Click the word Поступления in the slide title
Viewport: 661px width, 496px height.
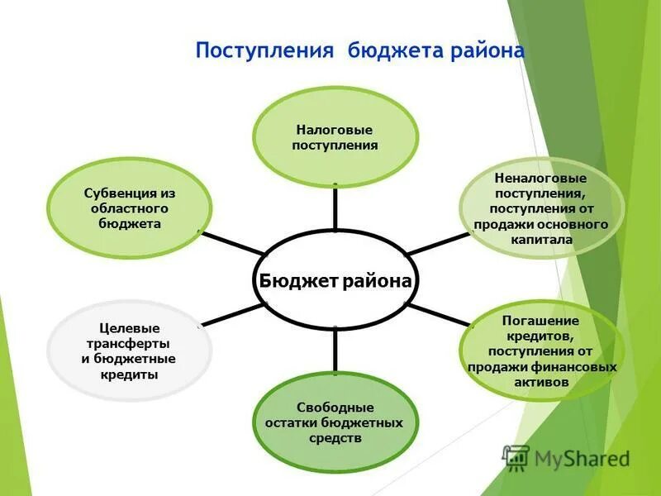[x=264, y=51]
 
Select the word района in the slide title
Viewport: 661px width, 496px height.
[x=487, y=51]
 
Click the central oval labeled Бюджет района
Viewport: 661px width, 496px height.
[x=335, y=281]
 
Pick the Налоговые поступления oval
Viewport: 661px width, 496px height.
[x=335, y=138]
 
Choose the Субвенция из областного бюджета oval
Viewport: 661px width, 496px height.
[x=130, y=207]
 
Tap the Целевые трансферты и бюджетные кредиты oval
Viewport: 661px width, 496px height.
[x=130, y=351]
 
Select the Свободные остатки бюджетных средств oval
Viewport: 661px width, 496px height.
[x=335, y=422]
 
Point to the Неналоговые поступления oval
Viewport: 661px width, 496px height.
[x=540, y=208]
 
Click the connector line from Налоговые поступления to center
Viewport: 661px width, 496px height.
[x=335, y=207]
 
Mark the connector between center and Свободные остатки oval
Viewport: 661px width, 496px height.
[x=335, y=351]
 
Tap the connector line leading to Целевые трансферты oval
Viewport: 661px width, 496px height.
[x=233, y=316]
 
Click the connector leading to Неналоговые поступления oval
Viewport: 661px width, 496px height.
[x=438, y=243]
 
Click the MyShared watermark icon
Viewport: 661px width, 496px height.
[x=516, y=457]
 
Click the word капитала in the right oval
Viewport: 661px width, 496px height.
[x=540, y=240]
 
